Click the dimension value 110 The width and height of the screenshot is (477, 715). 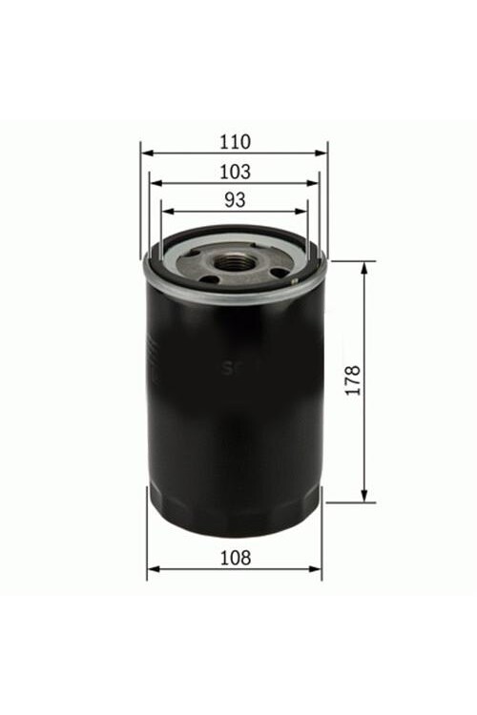point(234,142)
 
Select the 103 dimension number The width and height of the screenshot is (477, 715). point(234,172)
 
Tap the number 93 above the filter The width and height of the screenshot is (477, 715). point(235,200)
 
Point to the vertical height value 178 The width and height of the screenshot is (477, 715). point(354,380)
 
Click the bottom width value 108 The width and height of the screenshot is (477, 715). point(234,559)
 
